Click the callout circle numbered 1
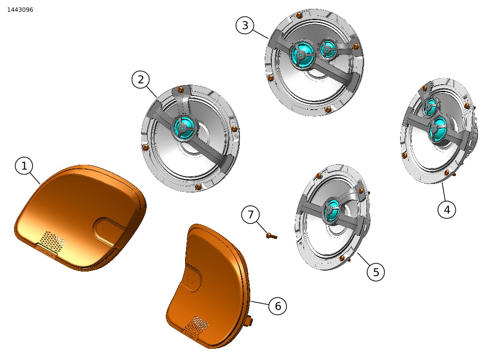(x=24, y=166)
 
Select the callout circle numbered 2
(x=141, y=79)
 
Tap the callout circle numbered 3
(x=245, y=25)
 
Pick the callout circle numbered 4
(x=447, y=209)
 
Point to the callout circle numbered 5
(x=376, y=272)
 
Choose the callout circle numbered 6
(x=278, y=306)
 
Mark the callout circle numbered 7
(x=250, y=215)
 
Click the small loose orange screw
(x=271, y=235)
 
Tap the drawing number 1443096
(x=20, y=10)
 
